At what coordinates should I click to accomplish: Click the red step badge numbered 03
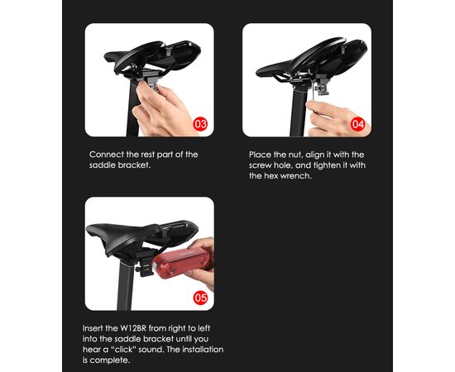click(x=200, y=124)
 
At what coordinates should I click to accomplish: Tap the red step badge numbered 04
click(x=357, y=124)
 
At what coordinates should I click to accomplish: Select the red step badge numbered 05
click(x=200, y=298)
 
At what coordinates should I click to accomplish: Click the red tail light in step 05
click(x=180, y=263)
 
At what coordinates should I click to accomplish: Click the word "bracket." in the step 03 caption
click(x=134, y=165)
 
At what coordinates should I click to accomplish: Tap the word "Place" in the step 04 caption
click(x=260, y=155)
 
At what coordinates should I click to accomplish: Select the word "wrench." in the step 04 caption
click(x=295, y=176)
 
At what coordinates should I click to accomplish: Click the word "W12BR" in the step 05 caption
click(x=134, y=328)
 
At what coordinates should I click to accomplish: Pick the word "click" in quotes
click(x=123, y=350)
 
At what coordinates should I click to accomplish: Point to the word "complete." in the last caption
click(x=110, y=360)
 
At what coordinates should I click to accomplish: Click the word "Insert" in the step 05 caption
click(x=93, y=328)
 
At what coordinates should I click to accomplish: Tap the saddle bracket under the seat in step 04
click(x=322, y=84)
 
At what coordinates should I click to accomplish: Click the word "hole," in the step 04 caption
click(x=284, y=165)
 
